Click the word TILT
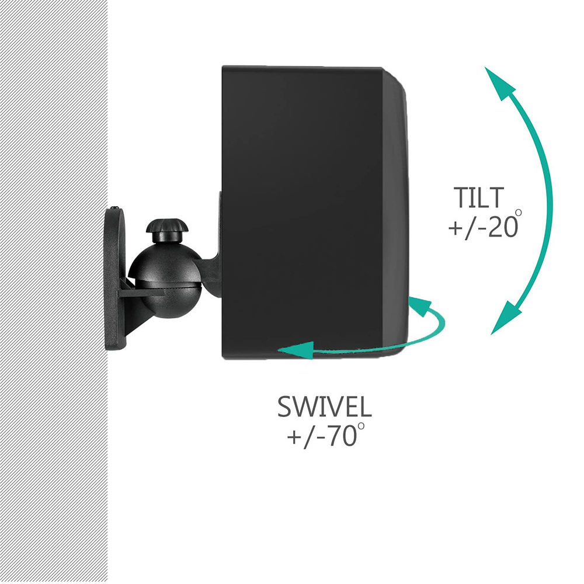click(479, 198)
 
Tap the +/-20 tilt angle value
click(484, 227)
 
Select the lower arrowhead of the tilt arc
click(506, 318)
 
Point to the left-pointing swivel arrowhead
click(296, 350)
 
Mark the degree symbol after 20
click(517, 213)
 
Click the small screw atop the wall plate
click(114, 207)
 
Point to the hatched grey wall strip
click(54, 292)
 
